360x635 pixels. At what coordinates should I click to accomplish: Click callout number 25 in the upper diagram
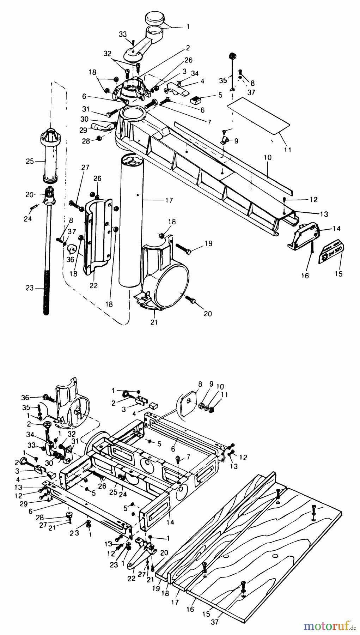(x=30, y=162)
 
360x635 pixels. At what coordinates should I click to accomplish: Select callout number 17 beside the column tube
(x=169, y=200)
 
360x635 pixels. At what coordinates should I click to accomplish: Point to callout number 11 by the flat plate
(x=288, y=150)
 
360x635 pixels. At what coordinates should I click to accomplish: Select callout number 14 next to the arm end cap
(x=336, y=229)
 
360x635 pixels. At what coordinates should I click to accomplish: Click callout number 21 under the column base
(x=154, y=322)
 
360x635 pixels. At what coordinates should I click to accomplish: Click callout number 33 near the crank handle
(x=122, y=35)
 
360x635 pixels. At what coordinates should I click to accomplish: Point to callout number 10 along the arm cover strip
(x=268, y=157)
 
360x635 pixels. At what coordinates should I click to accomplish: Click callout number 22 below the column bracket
(x=93, y=286)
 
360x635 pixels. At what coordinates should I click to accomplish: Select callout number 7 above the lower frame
(x=188, y=457)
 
